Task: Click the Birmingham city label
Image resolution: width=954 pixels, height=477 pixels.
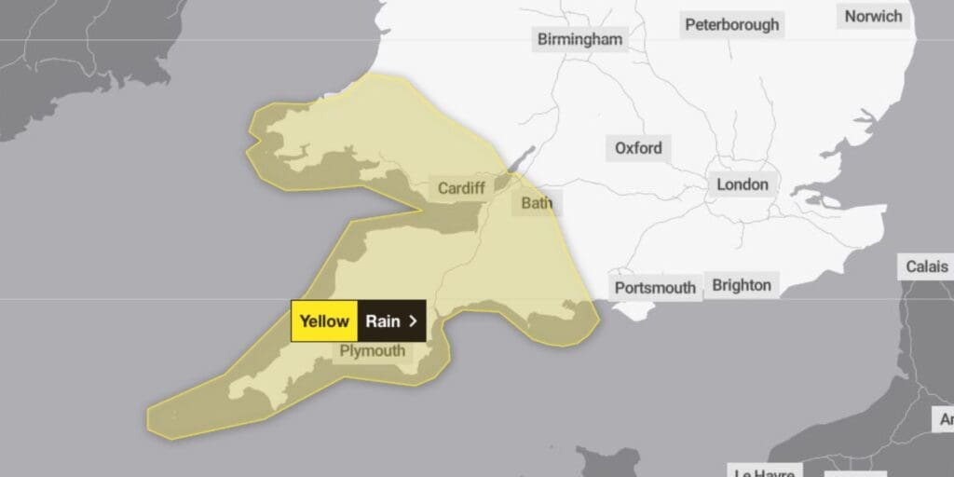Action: pos(579,39)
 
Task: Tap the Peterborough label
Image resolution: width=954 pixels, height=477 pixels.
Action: pos(731,25)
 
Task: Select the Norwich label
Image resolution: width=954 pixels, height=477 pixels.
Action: pos(873,16)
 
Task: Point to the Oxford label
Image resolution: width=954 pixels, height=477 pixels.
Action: pos(638,148)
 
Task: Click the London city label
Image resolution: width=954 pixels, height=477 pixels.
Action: pos(743,184)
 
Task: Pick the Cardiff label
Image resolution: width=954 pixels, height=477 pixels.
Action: pos(461,188)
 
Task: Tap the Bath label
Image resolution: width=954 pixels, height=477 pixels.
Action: pos(537,202)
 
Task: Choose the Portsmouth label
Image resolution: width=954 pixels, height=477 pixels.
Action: pos(655,288)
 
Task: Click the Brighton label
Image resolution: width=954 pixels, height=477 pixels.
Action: pos(742,285)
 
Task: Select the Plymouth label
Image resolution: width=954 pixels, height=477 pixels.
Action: pos(372,351)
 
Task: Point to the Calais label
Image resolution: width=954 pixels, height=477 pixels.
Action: pos(927,267)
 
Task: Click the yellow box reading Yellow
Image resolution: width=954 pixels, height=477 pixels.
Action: pos(324,321)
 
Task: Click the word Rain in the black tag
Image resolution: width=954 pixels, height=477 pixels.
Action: pos(382,321)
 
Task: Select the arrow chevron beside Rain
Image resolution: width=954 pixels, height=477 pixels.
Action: pos(413,321)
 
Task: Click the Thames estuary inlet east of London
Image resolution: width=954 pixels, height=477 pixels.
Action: pos(820,198)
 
